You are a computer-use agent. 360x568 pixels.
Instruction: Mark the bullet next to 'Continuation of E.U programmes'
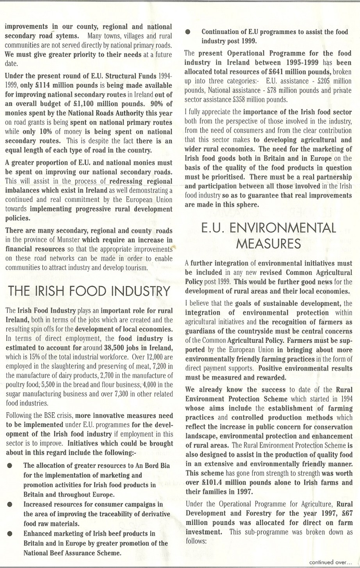(188, 32)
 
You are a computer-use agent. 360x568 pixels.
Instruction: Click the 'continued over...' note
(330, 562)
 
